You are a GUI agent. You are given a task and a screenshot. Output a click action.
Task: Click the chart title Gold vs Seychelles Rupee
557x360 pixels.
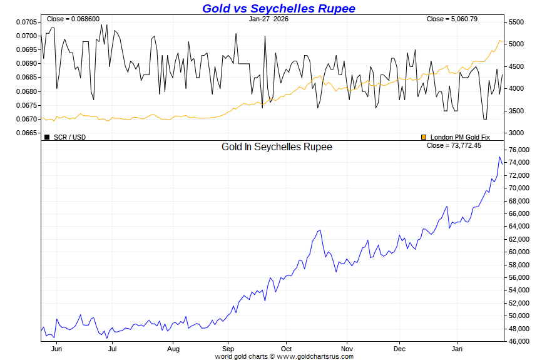pos(278,8)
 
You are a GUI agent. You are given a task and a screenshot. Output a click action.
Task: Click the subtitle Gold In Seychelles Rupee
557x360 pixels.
pos(277,147)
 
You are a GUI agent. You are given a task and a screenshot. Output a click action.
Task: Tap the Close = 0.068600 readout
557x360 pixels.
pos(73,19)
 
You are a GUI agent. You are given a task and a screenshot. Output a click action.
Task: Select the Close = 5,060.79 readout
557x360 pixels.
pos(452,19)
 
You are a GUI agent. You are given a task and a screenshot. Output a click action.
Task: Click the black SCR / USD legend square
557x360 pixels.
pos(47,136)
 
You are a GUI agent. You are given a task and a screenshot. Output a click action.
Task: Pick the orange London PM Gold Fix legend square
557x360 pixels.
pos(424,136)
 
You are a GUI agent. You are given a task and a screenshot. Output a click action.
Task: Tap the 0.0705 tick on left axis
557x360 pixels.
pos(27,22)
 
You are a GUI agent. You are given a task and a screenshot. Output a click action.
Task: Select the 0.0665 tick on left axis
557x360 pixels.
pos(27,133)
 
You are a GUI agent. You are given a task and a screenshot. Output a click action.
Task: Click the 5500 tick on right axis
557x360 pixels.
pos(516,22)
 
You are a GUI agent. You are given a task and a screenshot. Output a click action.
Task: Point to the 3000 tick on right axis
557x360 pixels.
pos(516,133)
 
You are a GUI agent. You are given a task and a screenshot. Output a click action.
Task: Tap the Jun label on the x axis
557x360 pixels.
pos(55,348)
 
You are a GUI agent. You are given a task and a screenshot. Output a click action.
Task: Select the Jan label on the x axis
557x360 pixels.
pos(457,348)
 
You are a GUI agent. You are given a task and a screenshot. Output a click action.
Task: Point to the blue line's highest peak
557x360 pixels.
pos(499,157)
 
